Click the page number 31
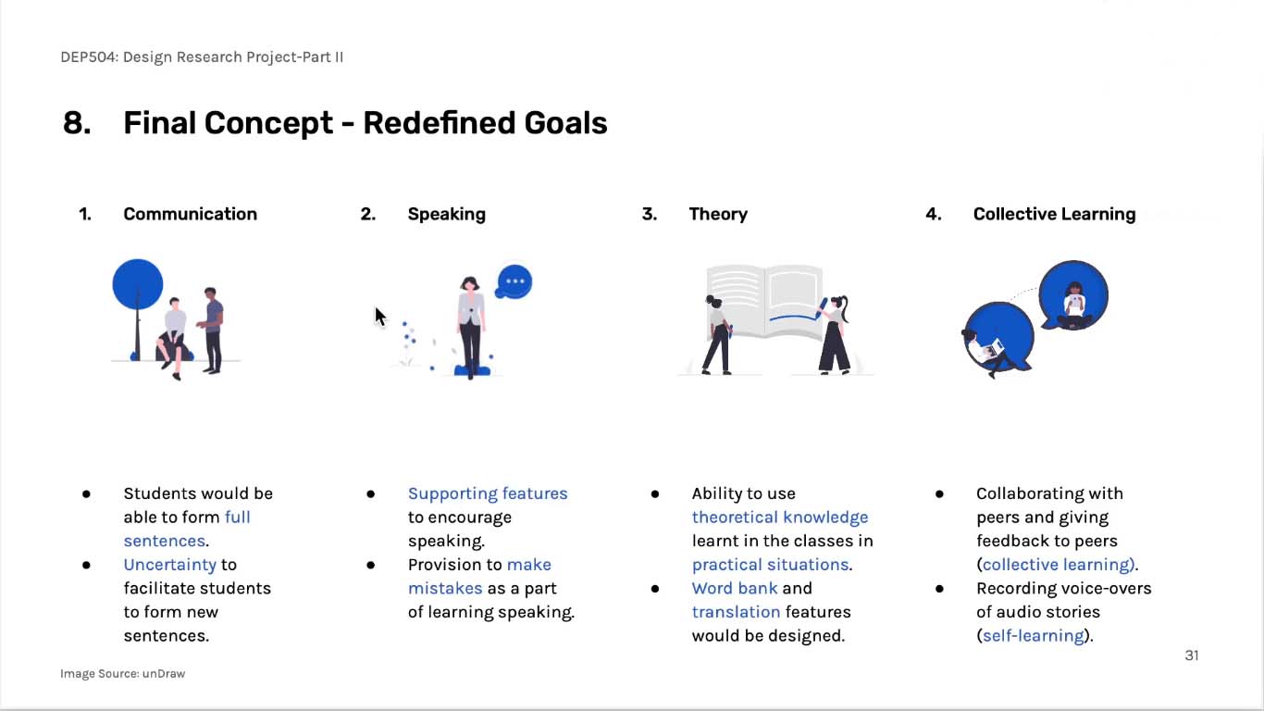pyautogui.click(x=1191, y=655)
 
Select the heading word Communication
pyautogui.click(x=191, y=214)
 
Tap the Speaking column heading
pyautogui.click(x=446, y=214)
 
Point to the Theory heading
pyautogui.click(x=718, y=215)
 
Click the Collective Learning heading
pyautogui.click(x=1054, y=214)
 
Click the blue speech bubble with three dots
pyautogui.click(x=514, y=281)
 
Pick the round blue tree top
pyautogui.click(x=138, y=284)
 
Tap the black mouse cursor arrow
pyautogui.click(x=380, y=317)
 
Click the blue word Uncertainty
pyautogui.click(x=170, y=564)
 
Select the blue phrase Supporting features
pyautogui.click(x=488, y=493)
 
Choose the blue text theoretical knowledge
pyautogui.click(x=780, y=518)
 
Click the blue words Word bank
pyautogui.click(x=735, y=588)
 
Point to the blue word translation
pyautogui.click(x=736, y=612)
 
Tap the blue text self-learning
pyautogui.click(x=1034, y=636)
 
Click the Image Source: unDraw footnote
pyautogui.click(x=122, y=673)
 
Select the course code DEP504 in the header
pyautogui.click(x=88, y=57)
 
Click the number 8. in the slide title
pyautogui.click(x=77, y=123)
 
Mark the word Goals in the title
pyautogui.click(x=565, y=123)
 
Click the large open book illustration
pyautogui.click(x=764, y=302)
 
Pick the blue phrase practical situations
pyautogui.click(x=770, y=565)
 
